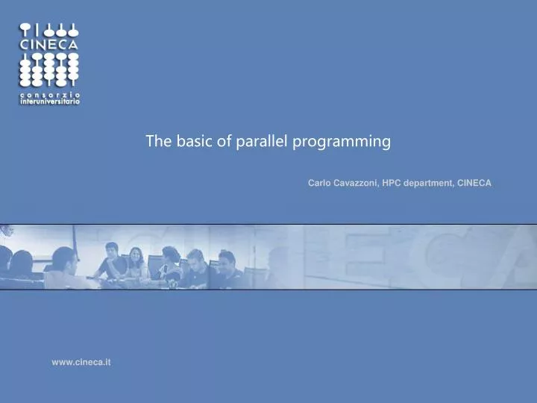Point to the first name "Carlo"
320,183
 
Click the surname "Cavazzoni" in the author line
355,183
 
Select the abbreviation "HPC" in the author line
394,183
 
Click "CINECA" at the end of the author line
474,183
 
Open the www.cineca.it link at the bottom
81,362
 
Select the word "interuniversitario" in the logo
49,101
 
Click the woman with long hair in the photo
137,261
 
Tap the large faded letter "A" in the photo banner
515,257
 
